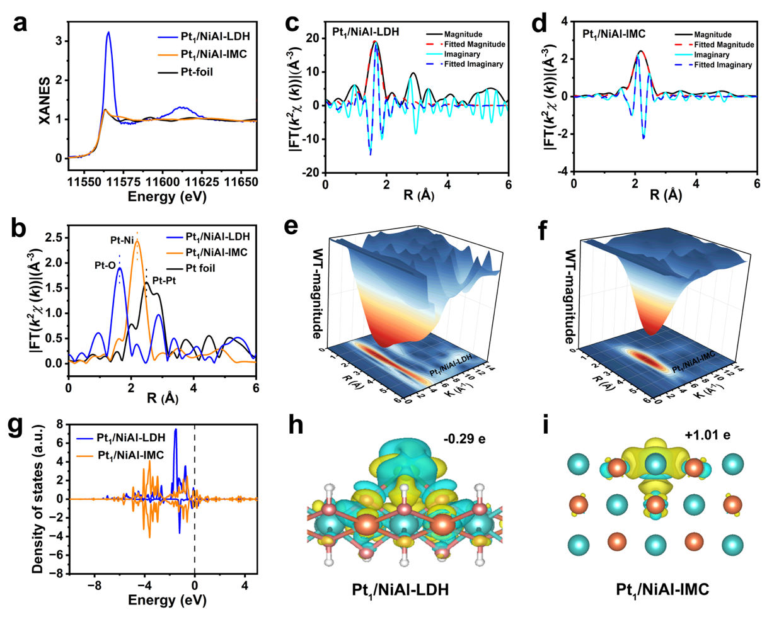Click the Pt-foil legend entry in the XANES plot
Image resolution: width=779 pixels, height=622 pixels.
tap(196, 72)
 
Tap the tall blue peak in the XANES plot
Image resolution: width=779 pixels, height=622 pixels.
tap(108, 33)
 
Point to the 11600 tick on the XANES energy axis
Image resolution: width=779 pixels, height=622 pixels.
tap(163, 182)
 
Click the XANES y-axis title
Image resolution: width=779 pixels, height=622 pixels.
tap(45, 101)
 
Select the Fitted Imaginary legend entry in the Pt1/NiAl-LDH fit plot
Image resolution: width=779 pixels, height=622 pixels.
tap(473, 64)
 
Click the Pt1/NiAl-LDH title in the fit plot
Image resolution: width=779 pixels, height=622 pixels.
tap(366, 31)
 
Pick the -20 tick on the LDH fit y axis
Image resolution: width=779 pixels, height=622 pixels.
tap(311, 172)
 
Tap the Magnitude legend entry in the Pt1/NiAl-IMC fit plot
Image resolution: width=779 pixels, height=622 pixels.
tap(712, 35)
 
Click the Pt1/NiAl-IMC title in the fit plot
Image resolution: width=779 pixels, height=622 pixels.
tap(614, 34)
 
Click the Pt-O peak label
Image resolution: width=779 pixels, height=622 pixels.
tap(105, 266)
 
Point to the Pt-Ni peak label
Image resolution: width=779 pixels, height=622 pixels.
tap(122, 240)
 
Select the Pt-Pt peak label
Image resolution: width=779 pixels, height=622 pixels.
tap(164, 280)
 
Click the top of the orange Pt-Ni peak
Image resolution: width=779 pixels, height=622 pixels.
tap(137, 241)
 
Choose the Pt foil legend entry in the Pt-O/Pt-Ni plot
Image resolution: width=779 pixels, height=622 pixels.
tap(200, 268)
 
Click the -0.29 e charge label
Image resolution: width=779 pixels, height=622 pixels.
tap(465, 439)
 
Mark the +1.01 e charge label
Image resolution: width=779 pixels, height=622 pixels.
tap(707, 434)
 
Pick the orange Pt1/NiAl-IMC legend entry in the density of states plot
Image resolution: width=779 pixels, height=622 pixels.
tap(130, 455)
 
